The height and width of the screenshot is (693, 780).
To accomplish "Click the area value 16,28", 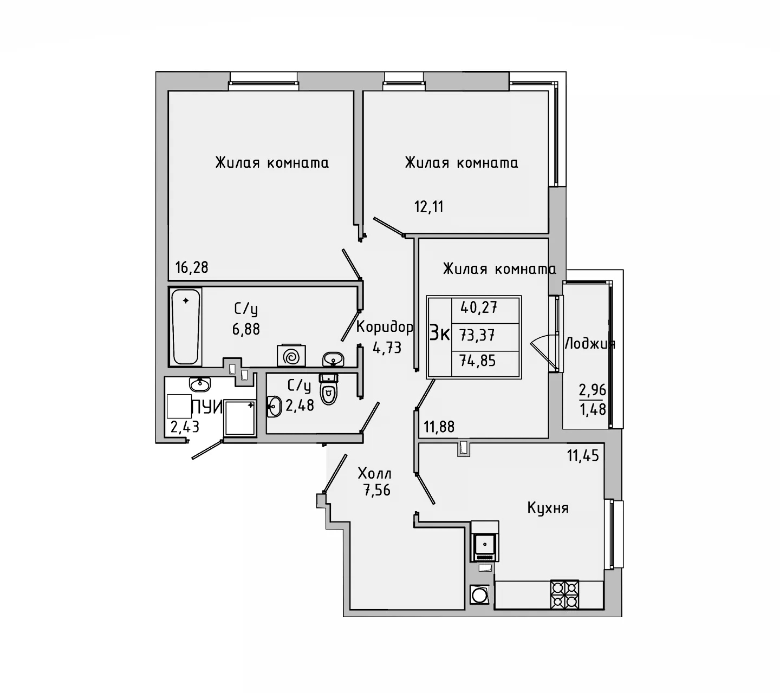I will (x=192, y=267).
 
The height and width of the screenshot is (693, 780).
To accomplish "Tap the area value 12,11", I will (x=429, y=207).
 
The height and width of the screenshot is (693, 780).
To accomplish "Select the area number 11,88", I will (x=439, y=427).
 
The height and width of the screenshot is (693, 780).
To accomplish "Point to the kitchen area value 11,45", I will (x=583, y=456).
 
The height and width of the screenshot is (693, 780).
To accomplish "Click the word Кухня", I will (x=548, y=508).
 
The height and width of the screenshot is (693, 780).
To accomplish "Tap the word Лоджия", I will (x=589, y=344).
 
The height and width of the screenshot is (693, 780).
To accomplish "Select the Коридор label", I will (x=385, y=327).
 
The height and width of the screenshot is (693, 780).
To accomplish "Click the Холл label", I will (x=375, y=474).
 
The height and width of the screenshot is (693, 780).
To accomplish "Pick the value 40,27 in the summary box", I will (x=479, y=308).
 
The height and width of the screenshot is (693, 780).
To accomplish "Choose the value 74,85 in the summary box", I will (x=478, y=361).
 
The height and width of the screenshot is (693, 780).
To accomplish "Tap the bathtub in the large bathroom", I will (x=185, y=326).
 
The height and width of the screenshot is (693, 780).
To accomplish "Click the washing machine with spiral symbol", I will (x=291, y=357).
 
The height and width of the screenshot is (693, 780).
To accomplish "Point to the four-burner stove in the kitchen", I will (x=564, y=594).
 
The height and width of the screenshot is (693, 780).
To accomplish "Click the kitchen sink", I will (x=485, y=541).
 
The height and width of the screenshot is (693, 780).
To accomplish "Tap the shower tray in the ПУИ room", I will (x=239, y=417).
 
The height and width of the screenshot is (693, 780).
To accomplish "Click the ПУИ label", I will (x=206, y=407).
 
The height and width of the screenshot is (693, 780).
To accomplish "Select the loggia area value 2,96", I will (x=592, y=390).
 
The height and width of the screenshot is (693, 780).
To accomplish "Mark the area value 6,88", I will (x=246, y=329).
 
